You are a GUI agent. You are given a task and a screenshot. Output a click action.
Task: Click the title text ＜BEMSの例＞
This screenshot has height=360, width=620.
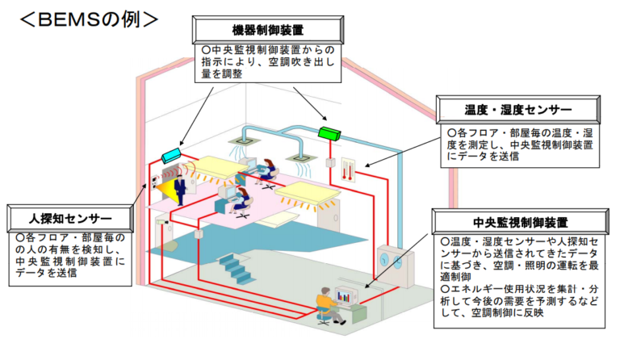click(x=90, y=19)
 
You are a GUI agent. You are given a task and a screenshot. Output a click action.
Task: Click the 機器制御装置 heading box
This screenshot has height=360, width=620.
click(x=268, y=30)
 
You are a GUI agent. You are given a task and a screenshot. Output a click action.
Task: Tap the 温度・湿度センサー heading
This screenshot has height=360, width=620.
click(x=518, y=110)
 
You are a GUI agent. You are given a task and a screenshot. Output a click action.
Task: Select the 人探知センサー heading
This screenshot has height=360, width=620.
click(x=70, y=219)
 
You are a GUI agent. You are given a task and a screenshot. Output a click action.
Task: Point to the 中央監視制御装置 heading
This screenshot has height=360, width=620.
click(x=521, y=222)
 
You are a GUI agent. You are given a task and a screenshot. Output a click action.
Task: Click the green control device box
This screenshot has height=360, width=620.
click(x=329, y=133)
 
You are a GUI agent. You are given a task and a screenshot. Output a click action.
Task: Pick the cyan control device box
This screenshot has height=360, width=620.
click(x=171, y=155)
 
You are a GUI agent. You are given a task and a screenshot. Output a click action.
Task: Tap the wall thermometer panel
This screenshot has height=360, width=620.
click(x=348, y=170)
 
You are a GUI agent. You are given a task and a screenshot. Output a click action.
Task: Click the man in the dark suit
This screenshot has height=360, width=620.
click(x=180, y=190)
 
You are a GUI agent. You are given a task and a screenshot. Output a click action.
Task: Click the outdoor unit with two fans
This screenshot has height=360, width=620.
click(x=395, y=266)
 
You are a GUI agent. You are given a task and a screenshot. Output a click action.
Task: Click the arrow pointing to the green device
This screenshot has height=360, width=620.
click(x=310, y=103)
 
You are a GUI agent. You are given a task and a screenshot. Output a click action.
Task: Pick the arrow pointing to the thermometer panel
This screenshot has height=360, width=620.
click(x=402, y=153)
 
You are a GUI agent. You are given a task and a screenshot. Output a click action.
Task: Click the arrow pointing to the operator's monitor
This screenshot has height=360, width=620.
click(x=396, y=261)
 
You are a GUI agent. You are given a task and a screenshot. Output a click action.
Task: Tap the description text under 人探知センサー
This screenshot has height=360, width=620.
click(x=70, y=255)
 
